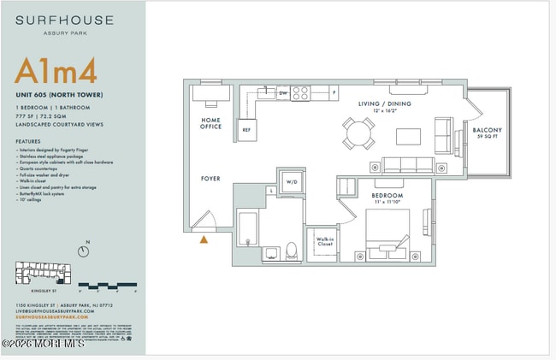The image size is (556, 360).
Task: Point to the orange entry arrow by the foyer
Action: [x=204, y=239]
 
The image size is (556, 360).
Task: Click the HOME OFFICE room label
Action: [x=211, y=123]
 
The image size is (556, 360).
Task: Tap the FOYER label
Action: [x=210, y=179]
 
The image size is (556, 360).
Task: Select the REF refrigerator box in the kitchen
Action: [x=246, y=131]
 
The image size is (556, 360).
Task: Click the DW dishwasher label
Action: [x=283, y=93]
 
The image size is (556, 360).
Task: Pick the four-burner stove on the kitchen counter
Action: [x=300, y=93]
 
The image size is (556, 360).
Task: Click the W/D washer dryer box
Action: [x=291, y=182]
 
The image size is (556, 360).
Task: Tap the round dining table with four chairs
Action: [x=358, y=133]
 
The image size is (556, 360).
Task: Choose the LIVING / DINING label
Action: [x=384, y=103]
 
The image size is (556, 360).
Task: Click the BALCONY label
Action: [x=488, y=131]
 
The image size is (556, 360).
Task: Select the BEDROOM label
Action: [x=386, y=195]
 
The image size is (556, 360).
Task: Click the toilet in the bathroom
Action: [x=291, y=251]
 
